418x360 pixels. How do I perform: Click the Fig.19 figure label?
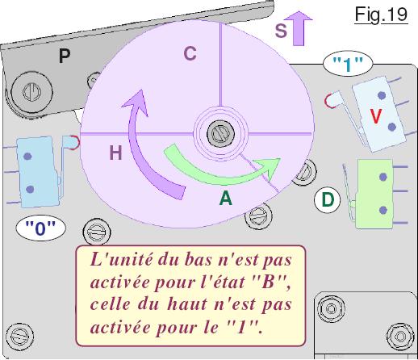(381, 15)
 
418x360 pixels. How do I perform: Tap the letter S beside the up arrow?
(281, 30)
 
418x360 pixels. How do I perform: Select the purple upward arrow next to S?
(299, 28)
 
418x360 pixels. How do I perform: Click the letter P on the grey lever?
(65, 56)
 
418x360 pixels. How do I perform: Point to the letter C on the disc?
(190, 53)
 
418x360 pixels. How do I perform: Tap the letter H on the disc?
(115, 153)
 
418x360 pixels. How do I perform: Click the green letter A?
(225, 199)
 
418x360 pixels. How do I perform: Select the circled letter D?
(327, 200)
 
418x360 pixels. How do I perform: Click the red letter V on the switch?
(375, 116)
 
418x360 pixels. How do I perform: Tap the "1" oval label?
(348, 64)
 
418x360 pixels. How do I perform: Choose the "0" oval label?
(40, 228)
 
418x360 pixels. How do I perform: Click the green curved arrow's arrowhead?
(269, 168)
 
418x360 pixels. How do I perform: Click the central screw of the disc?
(220, 133)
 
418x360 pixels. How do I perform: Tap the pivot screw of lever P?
(31, 91)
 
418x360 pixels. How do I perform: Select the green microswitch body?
(374, 194)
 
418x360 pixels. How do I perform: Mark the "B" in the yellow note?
(267, 283)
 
